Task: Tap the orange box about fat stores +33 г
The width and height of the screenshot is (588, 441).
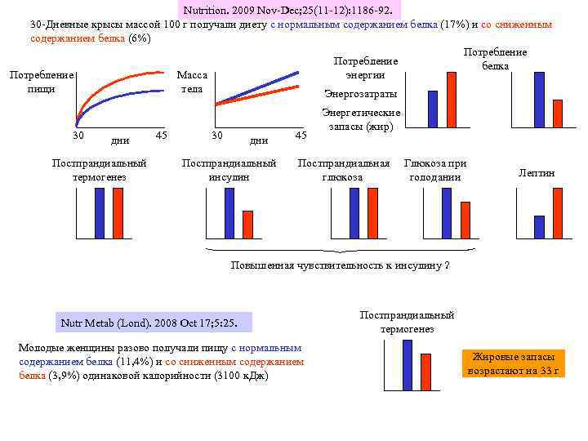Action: [x=513, y=363]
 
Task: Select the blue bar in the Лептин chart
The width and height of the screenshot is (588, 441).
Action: [x=539, y=226]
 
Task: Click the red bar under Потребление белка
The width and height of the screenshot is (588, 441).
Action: [x=558, y=114]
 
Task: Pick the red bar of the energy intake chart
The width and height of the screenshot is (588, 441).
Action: [x=451, y=100]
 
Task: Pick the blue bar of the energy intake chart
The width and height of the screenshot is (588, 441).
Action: [x=433, y=109]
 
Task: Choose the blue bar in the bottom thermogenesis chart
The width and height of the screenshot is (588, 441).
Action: [x=408, y=365]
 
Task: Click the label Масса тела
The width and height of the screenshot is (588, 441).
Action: [x=194, y=82]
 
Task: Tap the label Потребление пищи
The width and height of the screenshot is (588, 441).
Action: [x=41, y=82]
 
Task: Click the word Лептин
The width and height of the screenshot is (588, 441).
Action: [x=537, y=173]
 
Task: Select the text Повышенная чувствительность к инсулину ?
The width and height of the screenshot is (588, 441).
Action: [x=341, y=266]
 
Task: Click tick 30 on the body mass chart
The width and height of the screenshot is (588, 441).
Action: [x=217, y=134]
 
